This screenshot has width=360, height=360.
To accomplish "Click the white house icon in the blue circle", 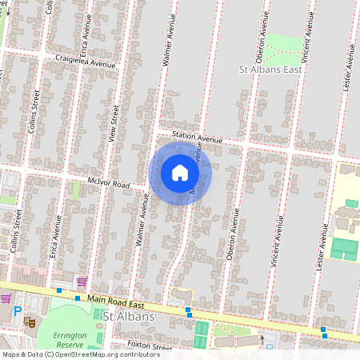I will click(180, 173).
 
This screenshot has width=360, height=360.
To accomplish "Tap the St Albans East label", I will click(276, 70).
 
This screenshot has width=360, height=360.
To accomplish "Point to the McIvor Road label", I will click(109, 183).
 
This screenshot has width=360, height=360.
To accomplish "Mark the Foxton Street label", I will click(150, 347).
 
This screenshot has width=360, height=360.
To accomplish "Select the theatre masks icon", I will click(30, 322).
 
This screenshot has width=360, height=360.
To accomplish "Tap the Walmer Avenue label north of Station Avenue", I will click(169, 47).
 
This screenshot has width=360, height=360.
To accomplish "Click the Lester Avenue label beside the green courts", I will click(325, 245).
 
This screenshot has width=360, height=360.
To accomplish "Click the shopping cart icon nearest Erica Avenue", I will click(82, 282).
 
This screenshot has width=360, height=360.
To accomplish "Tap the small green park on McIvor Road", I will click(77, 190).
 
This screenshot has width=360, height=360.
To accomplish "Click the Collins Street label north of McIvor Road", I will click(35, 109).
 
